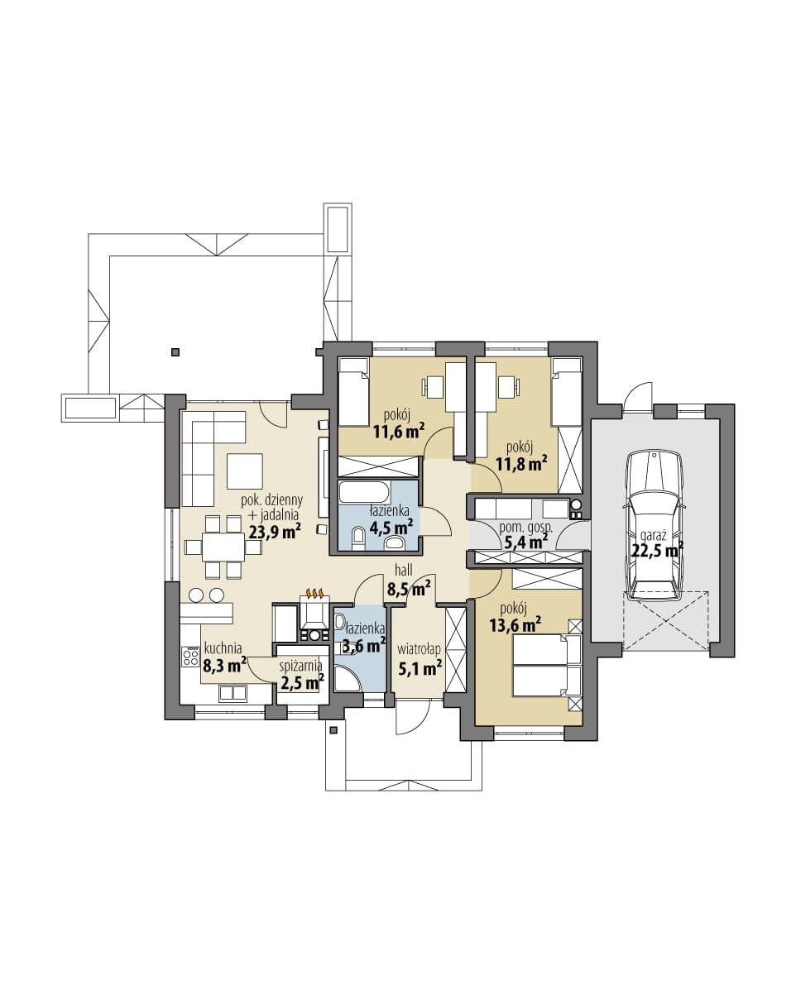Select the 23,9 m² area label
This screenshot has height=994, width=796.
pyautogui.click(x=275, y=531)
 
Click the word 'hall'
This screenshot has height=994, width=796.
pyautogui.click(x=403, y=570)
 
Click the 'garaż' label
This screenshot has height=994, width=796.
pyautogui.click(x=653, y=536)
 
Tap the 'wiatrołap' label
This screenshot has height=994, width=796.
pyautogui.click(x=419, y=649)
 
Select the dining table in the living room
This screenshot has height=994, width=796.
pyautogui.click(x=223, y=547)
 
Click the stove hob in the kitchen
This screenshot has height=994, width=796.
pyautogui.click(x=191, y=657)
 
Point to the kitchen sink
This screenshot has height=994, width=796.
pyautogui.click(x=233, y=693)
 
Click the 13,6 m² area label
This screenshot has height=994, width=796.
pyautogui.click(x=515, y=626)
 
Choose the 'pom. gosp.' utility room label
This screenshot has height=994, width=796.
pyautogui.click(x=526, y=528)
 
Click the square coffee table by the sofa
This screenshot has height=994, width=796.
pyautogui.click(x=245, y=471)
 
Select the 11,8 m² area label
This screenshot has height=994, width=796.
pyautogui.click(x=522, y=463)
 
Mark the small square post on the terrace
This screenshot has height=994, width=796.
pyautogui.click(x=175, y=352)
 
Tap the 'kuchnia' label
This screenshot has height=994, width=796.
pyautogui.click(x=223, y=648)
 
